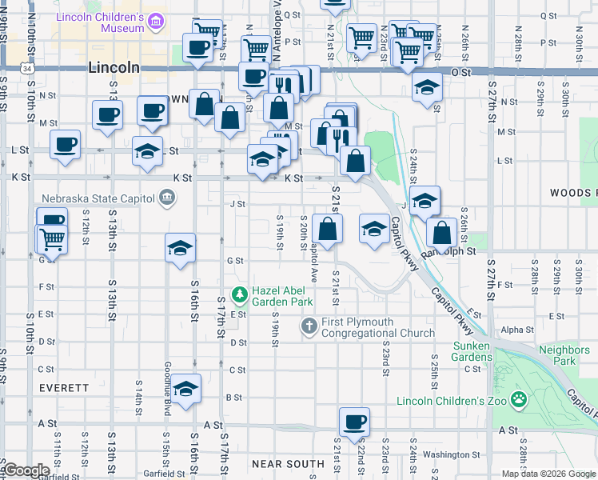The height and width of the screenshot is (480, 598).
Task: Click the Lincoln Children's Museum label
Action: click(100, 22)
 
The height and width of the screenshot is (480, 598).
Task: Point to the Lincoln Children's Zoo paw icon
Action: click(519, 398)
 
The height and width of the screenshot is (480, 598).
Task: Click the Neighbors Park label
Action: click(558, 355)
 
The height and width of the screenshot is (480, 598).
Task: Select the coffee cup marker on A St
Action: click(353, 421)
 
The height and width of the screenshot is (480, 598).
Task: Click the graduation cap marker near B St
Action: click(185, 390)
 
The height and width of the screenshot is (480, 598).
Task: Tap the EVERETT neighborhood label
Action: click(64, 387)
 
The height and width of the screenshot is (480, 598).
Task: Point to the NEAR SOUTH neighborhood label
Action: click(288, 464)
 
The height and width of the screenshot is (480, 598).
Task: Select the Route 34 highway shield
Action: click(29, 70)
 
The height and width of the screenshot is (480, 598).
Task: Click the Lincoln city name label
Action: click(114, 69)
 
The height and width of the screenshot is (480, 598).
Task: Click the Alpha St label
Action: click(517, 330)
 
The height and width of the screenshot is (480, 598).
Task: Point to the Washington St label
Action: click(445, 454)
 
